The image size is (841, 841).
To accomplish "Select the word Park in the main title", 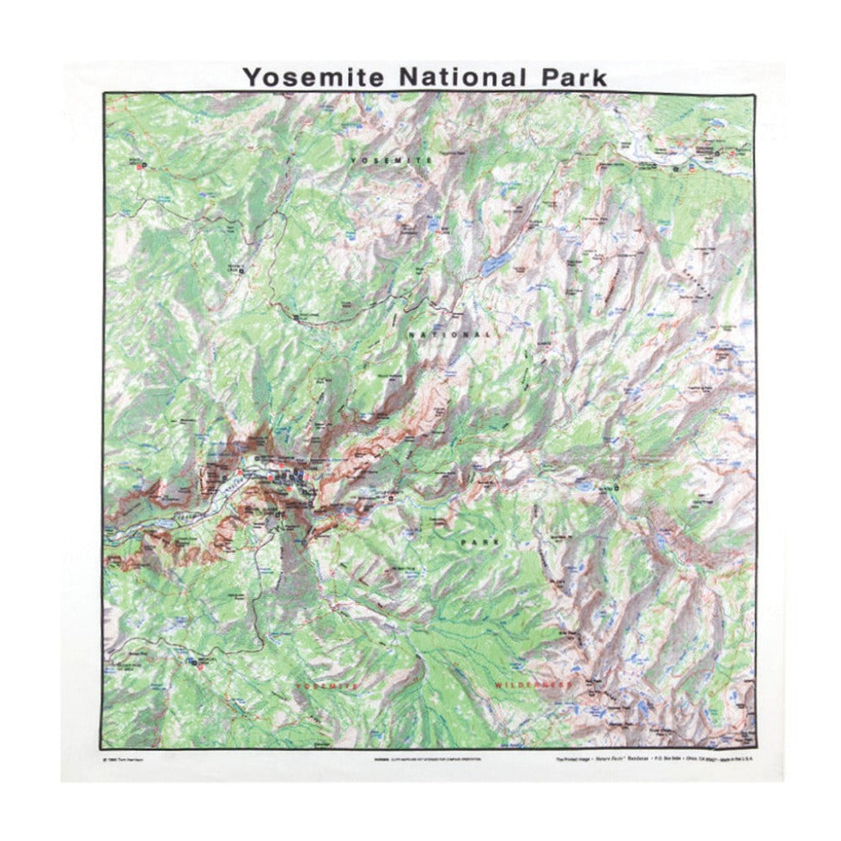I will [571, 76].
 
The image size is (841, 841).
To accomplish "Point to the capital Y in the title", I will [250, 76].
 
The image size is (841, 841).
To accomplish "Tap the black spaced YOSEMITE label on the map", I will [390, 161].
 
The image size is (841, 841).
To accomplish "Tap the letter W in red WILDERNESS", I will [499, 686].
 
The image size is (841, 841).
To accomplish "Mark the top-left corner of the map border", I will [104, 94].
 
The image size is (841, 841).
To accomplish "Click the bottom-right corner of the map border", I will [756, 748].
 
